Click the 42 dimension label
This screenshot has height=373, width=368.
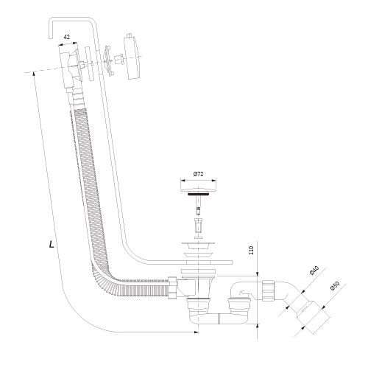[x=67, y=37]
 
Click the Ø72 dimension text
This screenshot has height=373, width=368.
[x=198, y=174]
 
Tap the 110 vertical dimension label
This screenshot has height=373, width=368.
[x=251, y=250]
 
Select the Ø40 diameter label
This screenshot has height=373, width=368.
[x=314, y=271]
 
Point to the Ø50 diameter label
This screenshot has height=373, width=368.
[x=335, y=286]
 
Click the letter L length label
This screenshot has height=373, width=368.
[x=52, y=244]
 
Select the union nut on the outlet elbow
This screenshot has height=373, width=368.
[x=269, y=290]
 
